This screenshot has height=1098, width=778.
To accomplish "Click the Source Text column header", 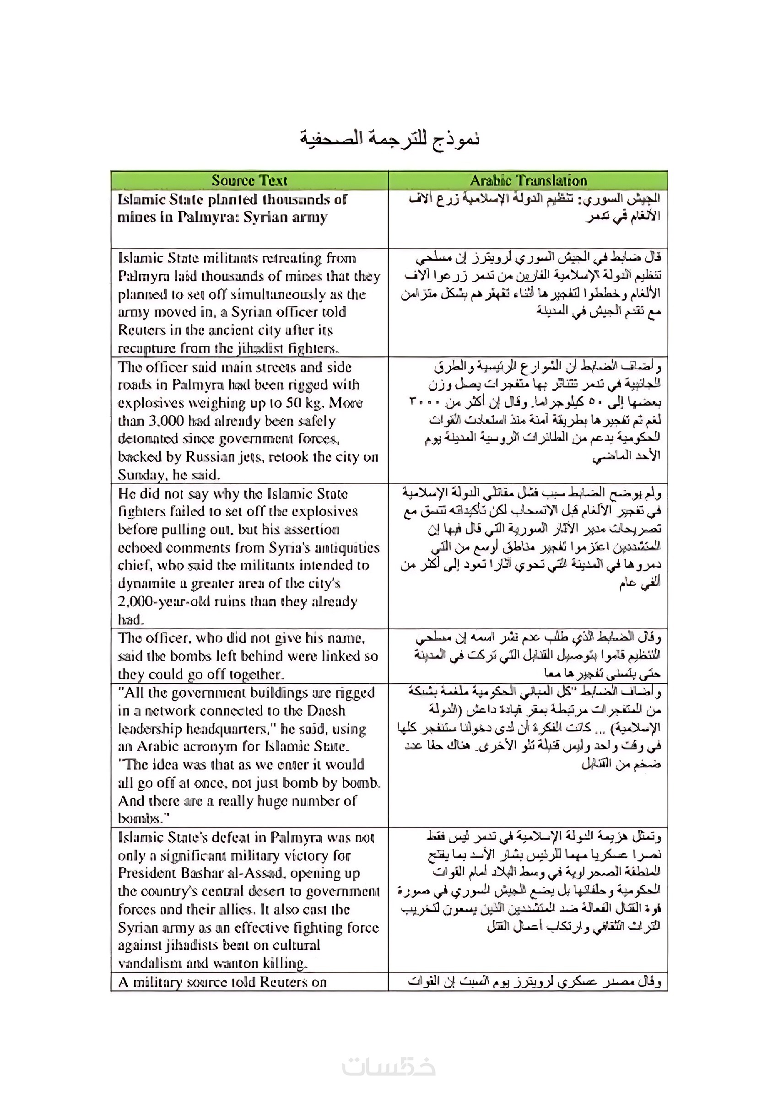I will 249,181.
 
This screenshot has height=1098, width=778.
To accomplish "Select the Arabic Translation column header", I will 528,181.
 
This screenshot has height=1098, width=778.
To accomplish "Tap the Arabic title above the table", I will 389,138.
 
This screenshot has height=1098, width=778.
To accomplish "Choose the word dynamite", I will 146,584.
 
